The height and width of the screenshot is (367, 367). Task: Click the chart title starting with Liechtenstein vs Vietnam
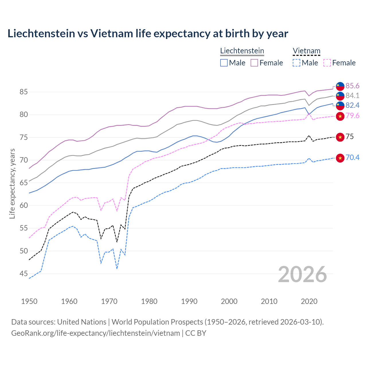(x=148, y=34)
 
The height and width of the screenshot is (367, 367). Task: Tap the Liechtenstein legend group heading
(x=242, y=51)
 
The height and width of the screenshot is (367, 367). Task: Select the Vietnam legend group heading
(x=306, y=51)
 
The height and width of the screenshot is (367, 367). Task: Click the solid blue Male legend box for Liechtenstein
(x=224, y=63)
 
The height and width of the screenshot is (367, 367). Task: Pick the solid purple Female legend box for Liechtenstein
(x=254, y=63)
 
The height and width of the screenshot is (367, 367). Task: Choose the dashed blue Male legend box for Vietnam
(x=296, y=63)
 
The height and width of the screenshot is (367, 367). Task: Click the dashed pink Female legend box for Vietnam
(x=327, y=63)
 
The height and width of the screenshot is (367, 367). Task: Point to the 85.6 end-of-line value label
(x=352, y=86)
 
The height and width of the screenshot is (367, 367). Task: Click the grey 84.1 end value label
(x=352, y=95)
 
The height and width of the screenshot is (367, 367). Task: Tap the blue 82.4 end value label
(x=352, y=105)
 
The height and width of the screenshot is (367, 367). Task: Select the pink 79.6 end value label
(x=352, y=116)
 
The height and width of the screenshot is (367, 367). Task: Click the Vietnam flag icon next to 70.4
(x=340, y=158)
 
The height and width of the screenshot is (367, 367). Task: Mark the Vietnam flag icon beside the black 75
(x=340, y=137)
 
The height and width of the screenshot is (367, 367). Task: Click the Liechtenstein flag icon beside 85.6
(x=340, y=86)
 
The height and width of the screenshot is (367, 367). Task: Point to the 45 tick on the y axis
(x=24, y=274)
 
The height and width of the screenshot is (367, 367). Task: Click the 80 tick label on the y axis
(x=24, y=115)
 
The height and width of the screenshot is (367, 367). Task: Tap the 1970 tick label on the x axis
(x=109, y=301)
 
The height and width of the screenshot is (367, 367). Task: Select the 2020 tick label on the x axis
(x=309, y=301)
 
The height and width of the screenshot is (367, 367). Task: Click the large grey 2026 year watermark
(x=302, y=274)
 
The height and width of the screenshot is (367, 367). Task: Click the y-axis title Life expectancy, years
(x=12, y=183)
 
